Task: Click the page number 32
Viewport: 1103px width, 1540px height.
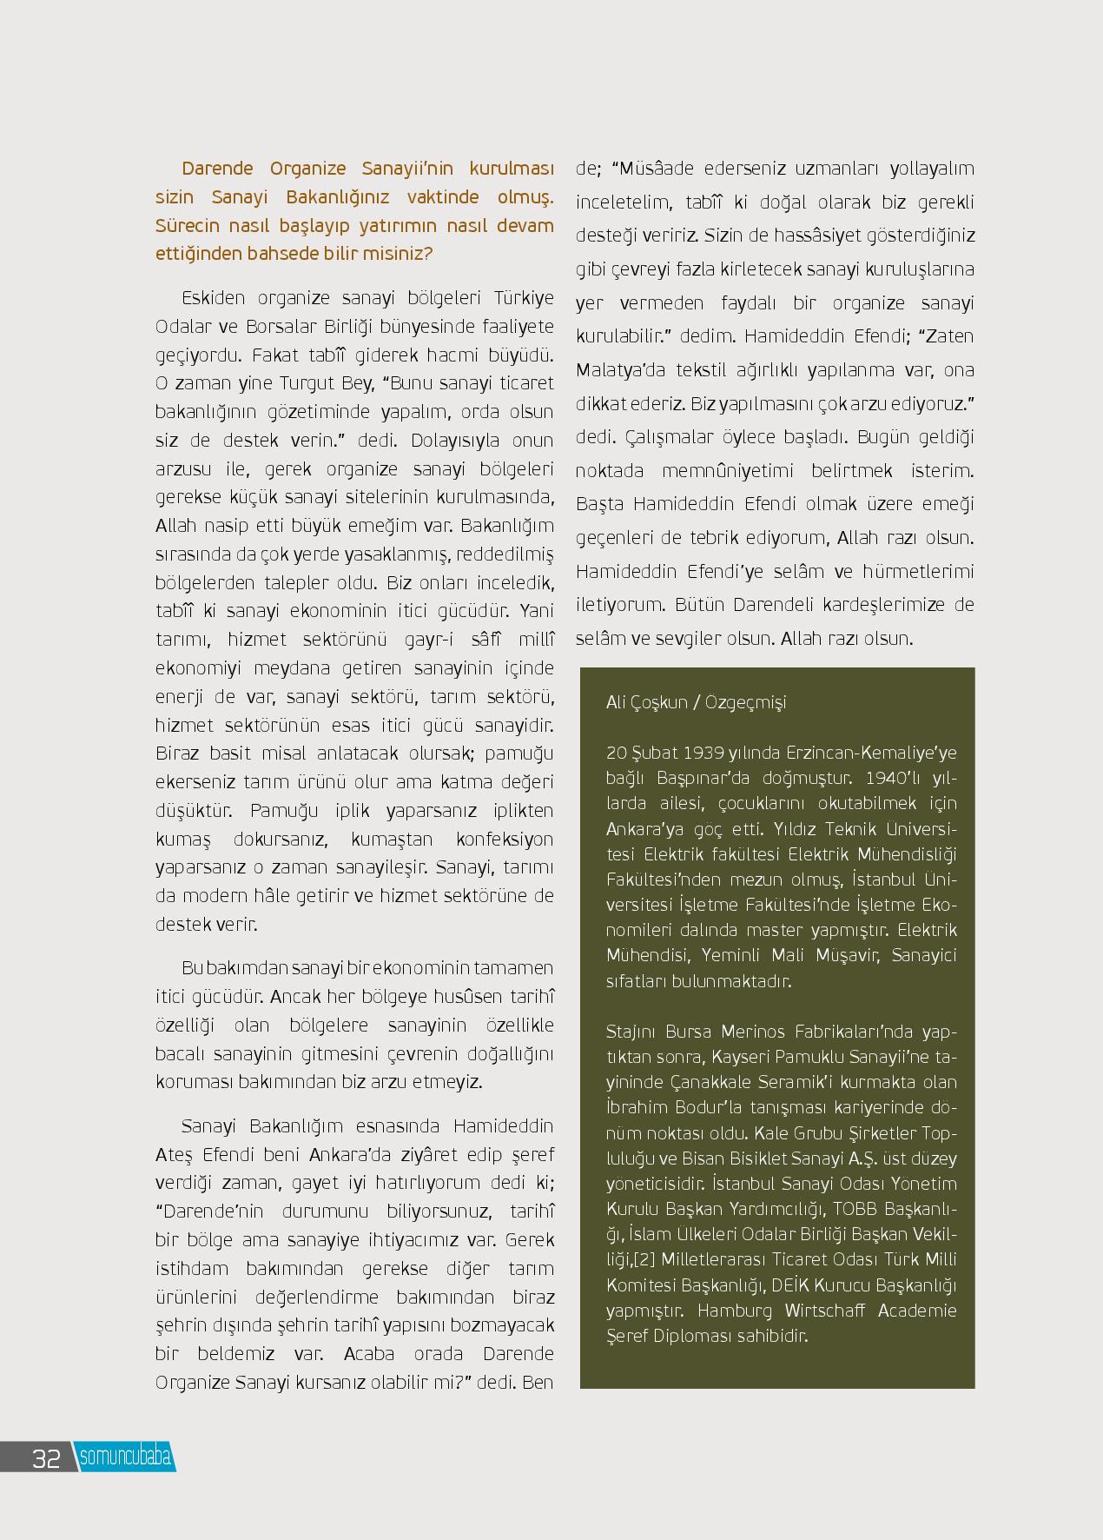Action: [46, 1458]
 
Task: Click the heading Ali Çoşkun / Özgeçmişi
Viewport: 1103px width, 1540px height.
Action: [696, 702]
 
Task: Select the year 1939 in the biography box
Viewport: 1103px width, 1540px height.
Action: [705, 753]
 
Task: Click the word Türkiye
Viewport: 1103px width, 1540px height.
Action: [524, 298]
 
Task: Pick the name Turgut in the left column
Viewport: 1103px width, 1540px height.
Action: [304, 383]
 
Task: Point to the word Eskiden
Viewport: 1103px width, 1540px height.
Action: [214, 298]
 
